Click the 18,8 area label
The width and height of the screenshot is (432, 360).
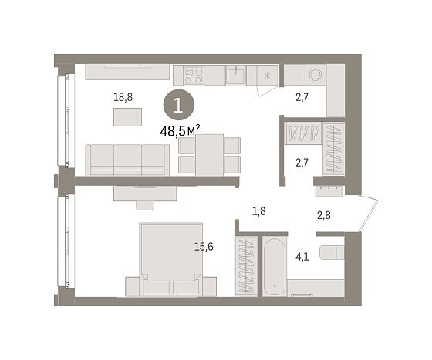(123, 97)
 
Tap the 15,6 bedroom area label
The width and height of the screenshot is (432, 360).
(204, 247)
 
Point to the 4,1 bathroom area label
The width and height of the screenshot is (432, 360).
(302, 257)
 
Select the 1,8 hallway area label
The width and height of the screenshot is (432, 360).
(259, 211)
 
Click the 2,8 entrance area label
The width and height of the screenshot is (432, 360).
(324, 215)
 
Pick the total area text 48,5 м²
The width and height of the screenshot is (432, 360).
(180, 131)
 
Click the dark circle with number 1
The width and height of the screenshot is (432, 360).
(179, 105)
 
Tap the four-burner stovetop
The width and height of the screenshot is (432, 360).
(194, 76)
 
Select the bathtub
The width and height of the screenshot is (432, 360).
(275, 266)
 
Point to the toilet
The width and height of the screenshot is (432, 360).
(332, 252)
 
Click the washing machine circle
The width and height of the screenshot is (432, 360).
(316, 74)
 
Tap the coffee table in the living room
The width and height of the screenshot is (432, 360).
(127, 117)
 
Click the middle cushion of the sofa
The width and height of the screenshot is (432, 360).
(127, 160)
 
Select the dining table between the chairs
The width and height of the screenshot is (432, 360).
(209, 155)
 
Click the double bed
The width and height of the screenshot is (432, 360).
(170, 259)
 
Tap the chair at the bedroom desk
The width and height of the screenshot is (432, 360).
(145, 205)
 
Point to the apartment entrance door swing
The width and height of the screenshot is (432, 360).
(368, 213)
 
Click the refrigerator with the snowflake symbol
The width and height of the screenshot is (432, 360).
(267, 75)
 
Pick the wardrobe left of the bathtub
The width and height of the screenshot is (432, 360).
(246, 266)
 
